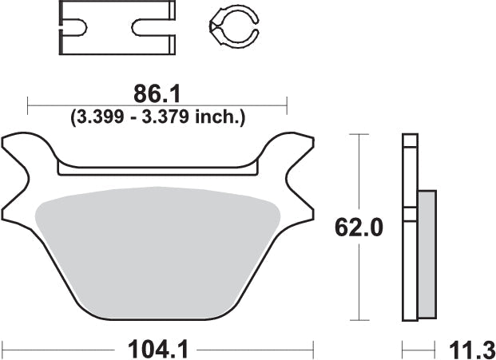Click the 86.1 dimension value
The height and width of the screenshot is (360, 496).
click(157, 94)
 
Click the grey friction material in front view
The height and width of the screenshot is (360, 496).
click(157, 247)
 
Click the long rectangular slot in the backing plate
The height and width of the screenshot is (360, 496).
click(157, 168)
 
